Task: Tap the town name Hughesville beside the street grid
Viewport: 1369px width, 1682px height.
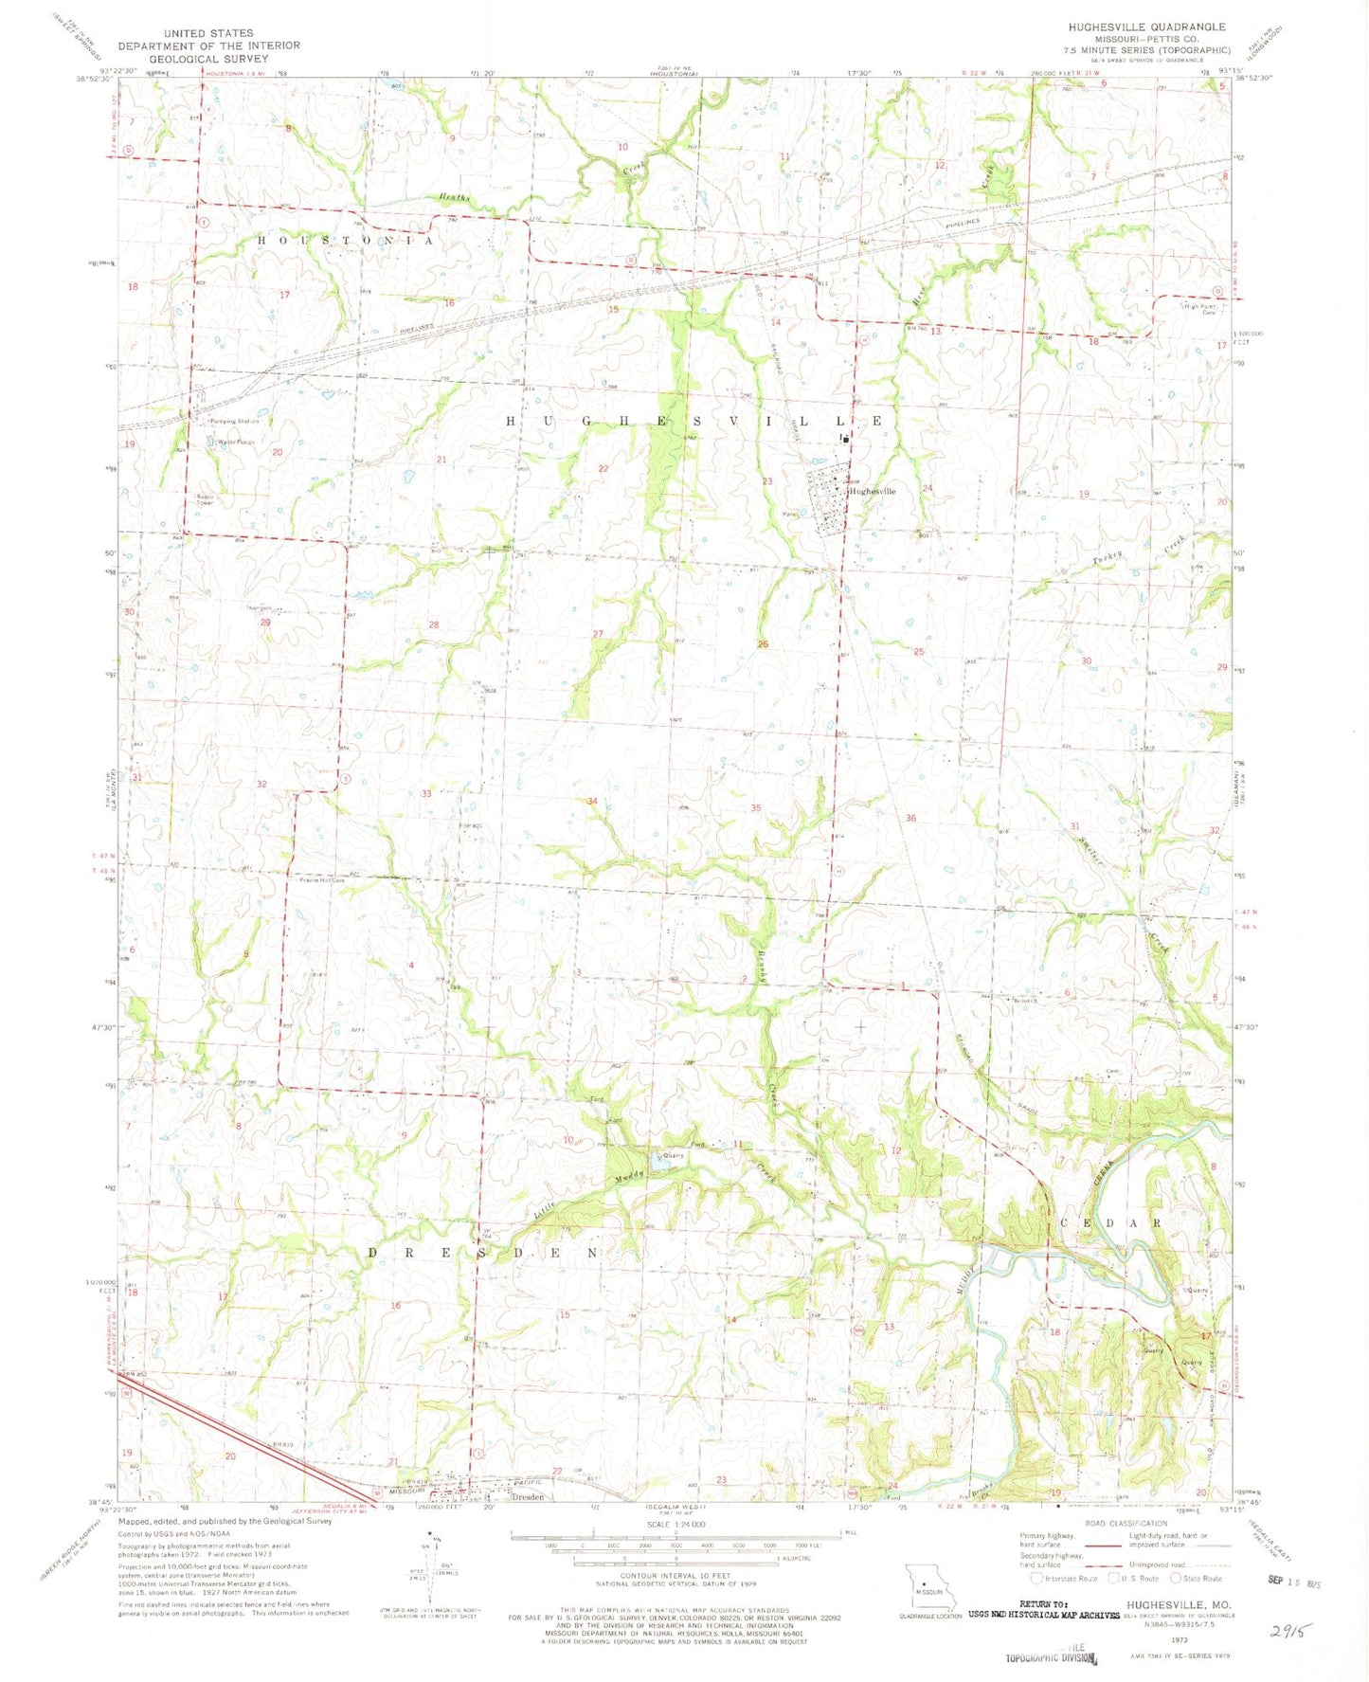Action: coord(872,492)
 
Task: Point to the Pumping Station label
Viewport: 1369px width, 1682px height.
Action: coord(236,421)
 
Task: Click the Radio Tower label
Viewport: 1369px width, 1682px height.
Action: coord(206,499)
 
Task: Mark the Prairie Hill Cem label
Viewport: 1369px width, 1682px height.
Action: coord(322,880)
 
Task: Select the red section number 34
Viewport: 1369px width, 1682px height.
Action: coord(592,802)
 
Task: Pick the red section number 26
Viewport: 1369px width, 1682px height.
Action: coord(763,644)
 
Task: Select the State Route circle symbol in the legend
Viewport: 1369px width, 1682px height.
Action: coord(1178,1578)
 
